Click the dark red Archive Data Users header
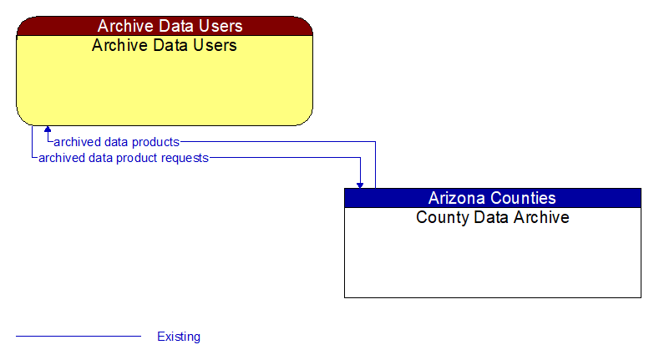(165, 26)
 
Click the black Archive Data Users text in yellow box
(165, 45)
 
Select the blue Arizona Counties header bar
(492, 198)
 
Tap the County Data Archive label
(492, 217)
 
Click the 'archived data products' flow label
(116, 142)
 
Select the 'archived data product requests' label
(124, 157)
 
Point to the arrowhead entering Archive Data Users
(48, 130)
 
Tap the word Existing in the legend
(179, 337)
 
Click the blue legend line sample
(79, 337)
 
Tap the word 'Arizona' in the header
(459, 198)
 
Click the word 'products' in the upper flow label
(155, 142)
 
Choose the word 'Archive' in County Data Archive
(541, 217)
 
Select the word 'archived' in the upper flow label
(76, 142)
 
